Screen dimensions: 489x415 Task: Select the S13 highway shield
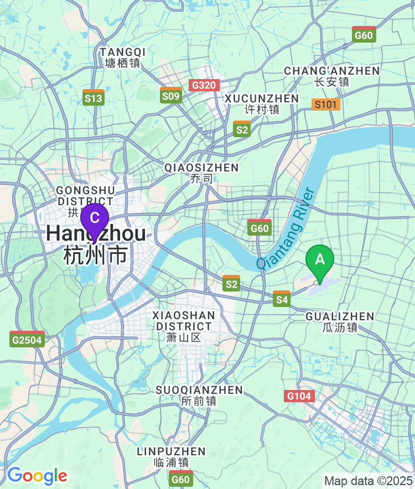pyautogui.click(x=94, y=98)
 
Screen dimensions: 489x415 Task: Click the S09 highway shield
pyautogui.click(x=171, y=96)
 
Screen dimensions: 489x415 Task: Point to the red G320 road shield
pyautogui.click(x=204, y=85)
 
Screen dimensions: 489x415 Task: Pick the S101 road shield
pyautogui.click(x=326, y=104)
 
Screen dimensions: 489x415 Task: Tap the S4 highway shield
pyautogui.click(x=282, y=299)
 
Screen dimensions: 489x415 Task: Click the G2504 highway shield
pyautogui.click(x=27, y=339)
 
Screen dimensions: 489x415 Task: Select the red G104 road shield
pyautogui.click(x=299, y=396)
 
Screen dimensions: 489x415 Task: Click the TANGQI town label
pyautogui.click(x=123, y=57)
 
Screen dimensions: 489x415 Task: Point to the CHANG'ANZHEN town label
pyautogui.click(x=331, y=76)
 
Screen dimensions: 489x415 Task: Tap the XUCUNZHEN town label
pyautogui.click(x=262, y=103)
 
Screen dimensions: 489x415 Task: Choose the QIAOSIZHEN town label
pyautogui.click(x=201, y=173)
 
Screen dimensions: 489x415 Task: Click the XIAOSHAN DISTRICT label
pyautogui.click(x=184, y=326)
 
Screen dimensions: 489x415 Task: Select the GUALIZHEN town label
pyautogui.click(x=340, y=322)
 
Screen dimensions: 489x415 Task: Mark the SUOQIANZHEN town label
pyautogui.click(x=199, y=396)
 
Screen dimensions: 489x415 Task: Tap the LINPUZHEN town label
pyautogui.click(x=171, y=457)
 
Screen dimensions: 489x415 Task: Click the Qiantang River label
pyautogui.click(x=286, y=229)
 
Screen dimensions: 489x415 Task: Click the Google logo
pyautogui.click(x=37, y=476)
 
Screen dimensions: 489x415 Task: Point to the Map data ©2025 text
pyautogui.click(x=368, y=481)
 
